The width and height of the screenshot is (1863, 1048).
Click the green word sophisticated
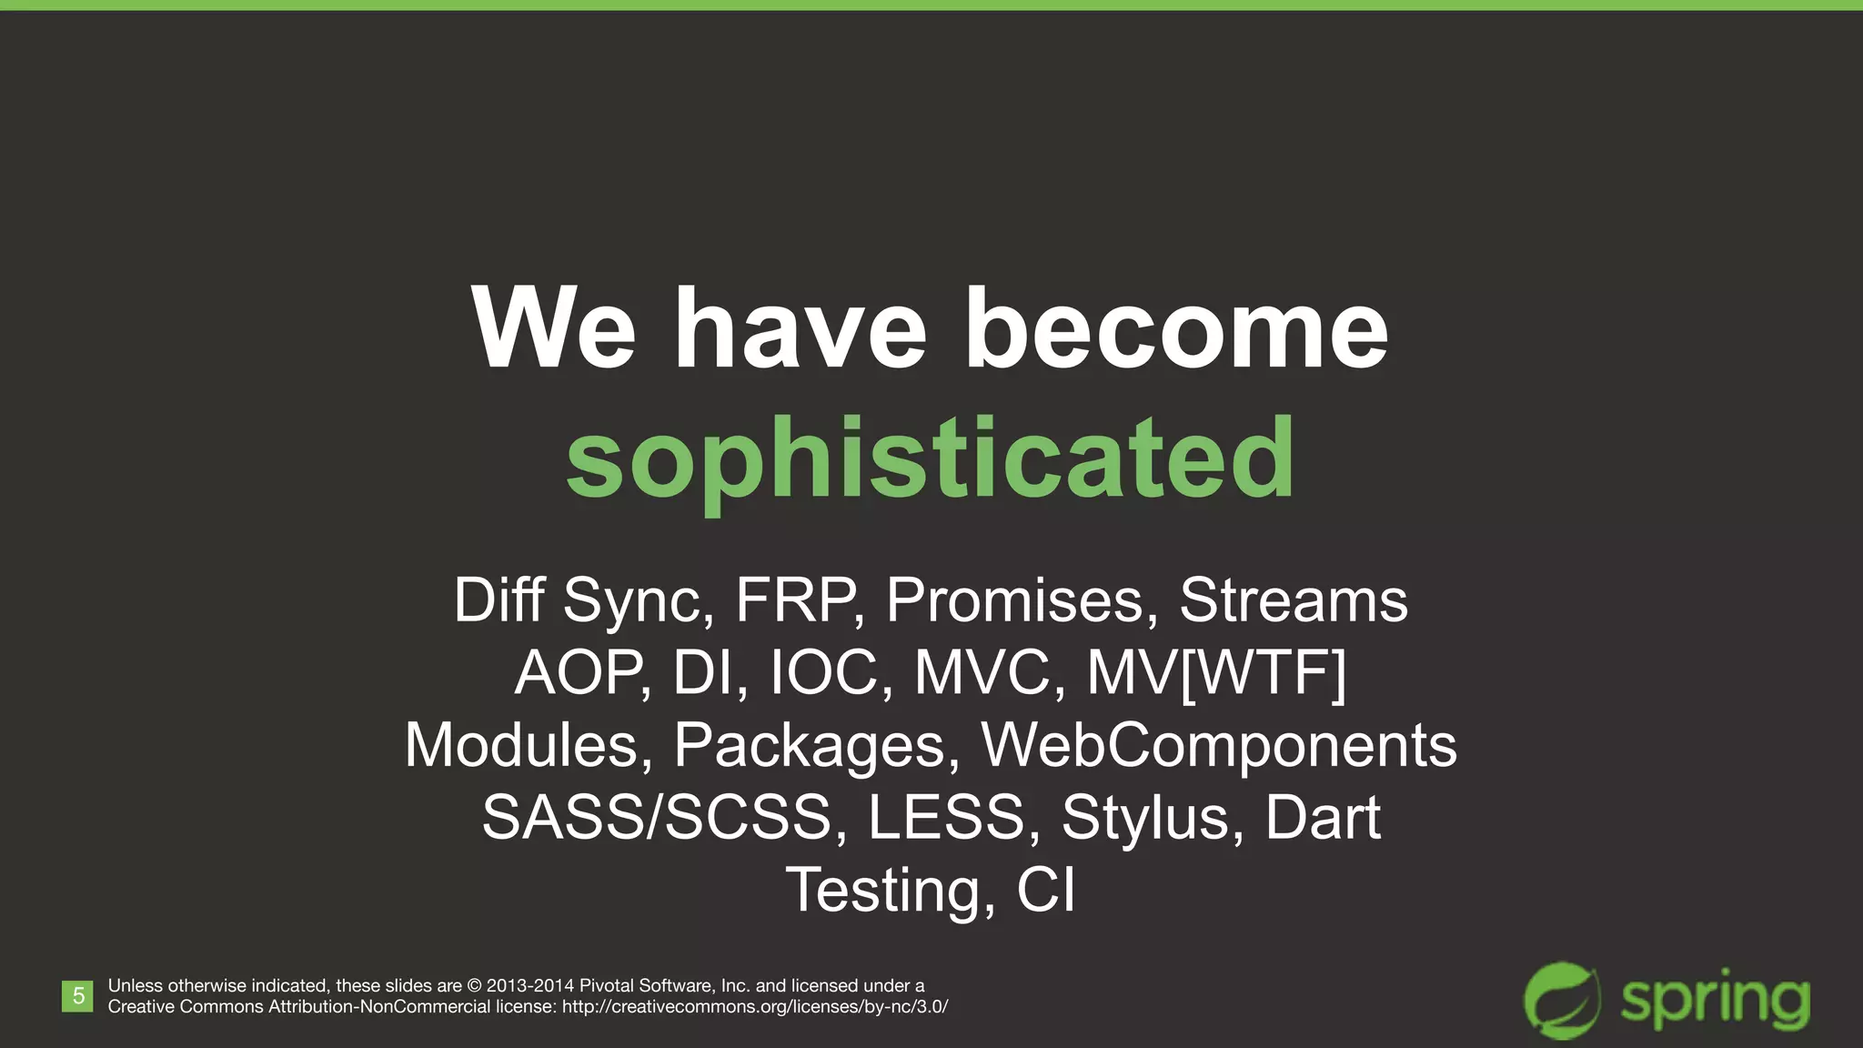[x=930, y=459]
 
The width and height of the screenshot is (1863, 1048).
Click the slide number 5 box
[x=78, y=996]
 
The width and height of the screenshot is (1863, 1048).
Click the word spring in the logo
[x=1715, y=1001]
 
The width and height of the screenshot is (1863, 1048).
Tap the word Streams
[x=1293, y=600]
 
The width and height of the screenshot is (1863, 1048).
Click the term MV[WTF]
[x=1216, y=673]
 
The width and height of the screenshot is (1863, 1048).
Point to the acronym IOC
[x=823, y=673]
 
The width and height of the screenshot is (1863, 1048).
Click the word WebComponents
[x=1218, y=745]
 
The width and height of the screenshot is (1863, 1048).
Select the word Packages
[x=815, y=745]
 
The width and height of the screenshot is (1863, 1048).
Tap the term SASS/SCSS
[x=656, y=817]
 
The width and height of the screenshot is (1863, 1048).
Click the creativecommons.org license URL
[x=755, y=1007]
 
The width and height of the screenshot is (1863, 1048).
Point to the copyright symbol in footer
[x=474, y=986]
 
